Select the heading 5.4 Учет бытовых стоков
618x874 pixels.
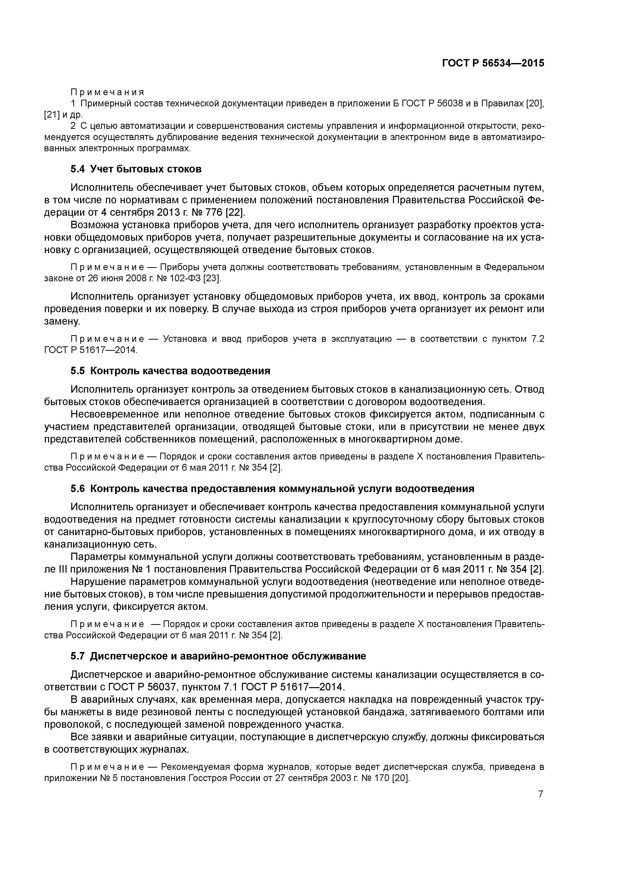coord(136,169)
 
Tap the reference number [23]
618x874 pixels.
coord(212,278)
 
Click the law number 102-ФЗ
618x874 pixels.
coord(186,278)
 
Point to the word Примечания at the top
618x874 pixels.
coord(107,92)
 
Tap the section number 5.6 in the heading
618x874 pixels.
coord(78,489)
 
